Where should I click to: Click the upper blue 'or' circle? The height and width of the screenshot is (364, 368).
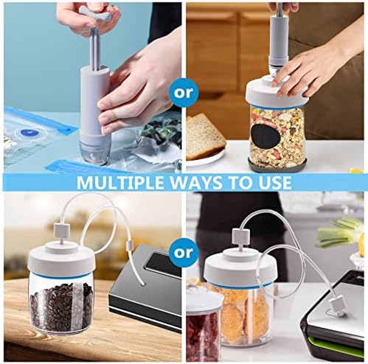click(x=183, y=93)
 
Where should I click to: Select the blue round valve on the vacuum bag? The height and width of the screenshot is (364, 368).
click(x=29, y=132)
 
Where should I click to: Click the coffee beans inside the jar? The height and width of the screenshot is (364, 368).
click(x=61, y=307)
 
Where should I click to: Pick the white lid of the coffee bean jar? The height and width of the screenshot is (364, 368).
click(x=61, y=259)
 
